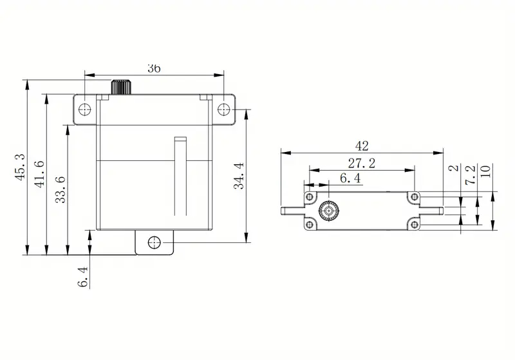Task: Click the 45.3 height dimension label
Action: point(21,167)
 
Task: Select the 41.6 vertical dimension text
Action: point(39,174)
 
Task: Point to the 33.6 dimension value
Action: point(61,189)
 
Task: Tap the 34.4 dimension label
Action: point(239,176)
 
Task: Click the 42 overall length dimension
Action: point(362,146)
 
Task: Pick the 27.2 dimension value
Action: point(362,163)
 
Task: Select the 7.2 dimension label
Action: point(471,175)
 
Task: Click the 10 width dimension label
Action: point(485,171)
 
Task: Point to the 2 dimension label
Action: point(454,168)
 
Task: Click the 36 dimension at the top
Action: point(154,68)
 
